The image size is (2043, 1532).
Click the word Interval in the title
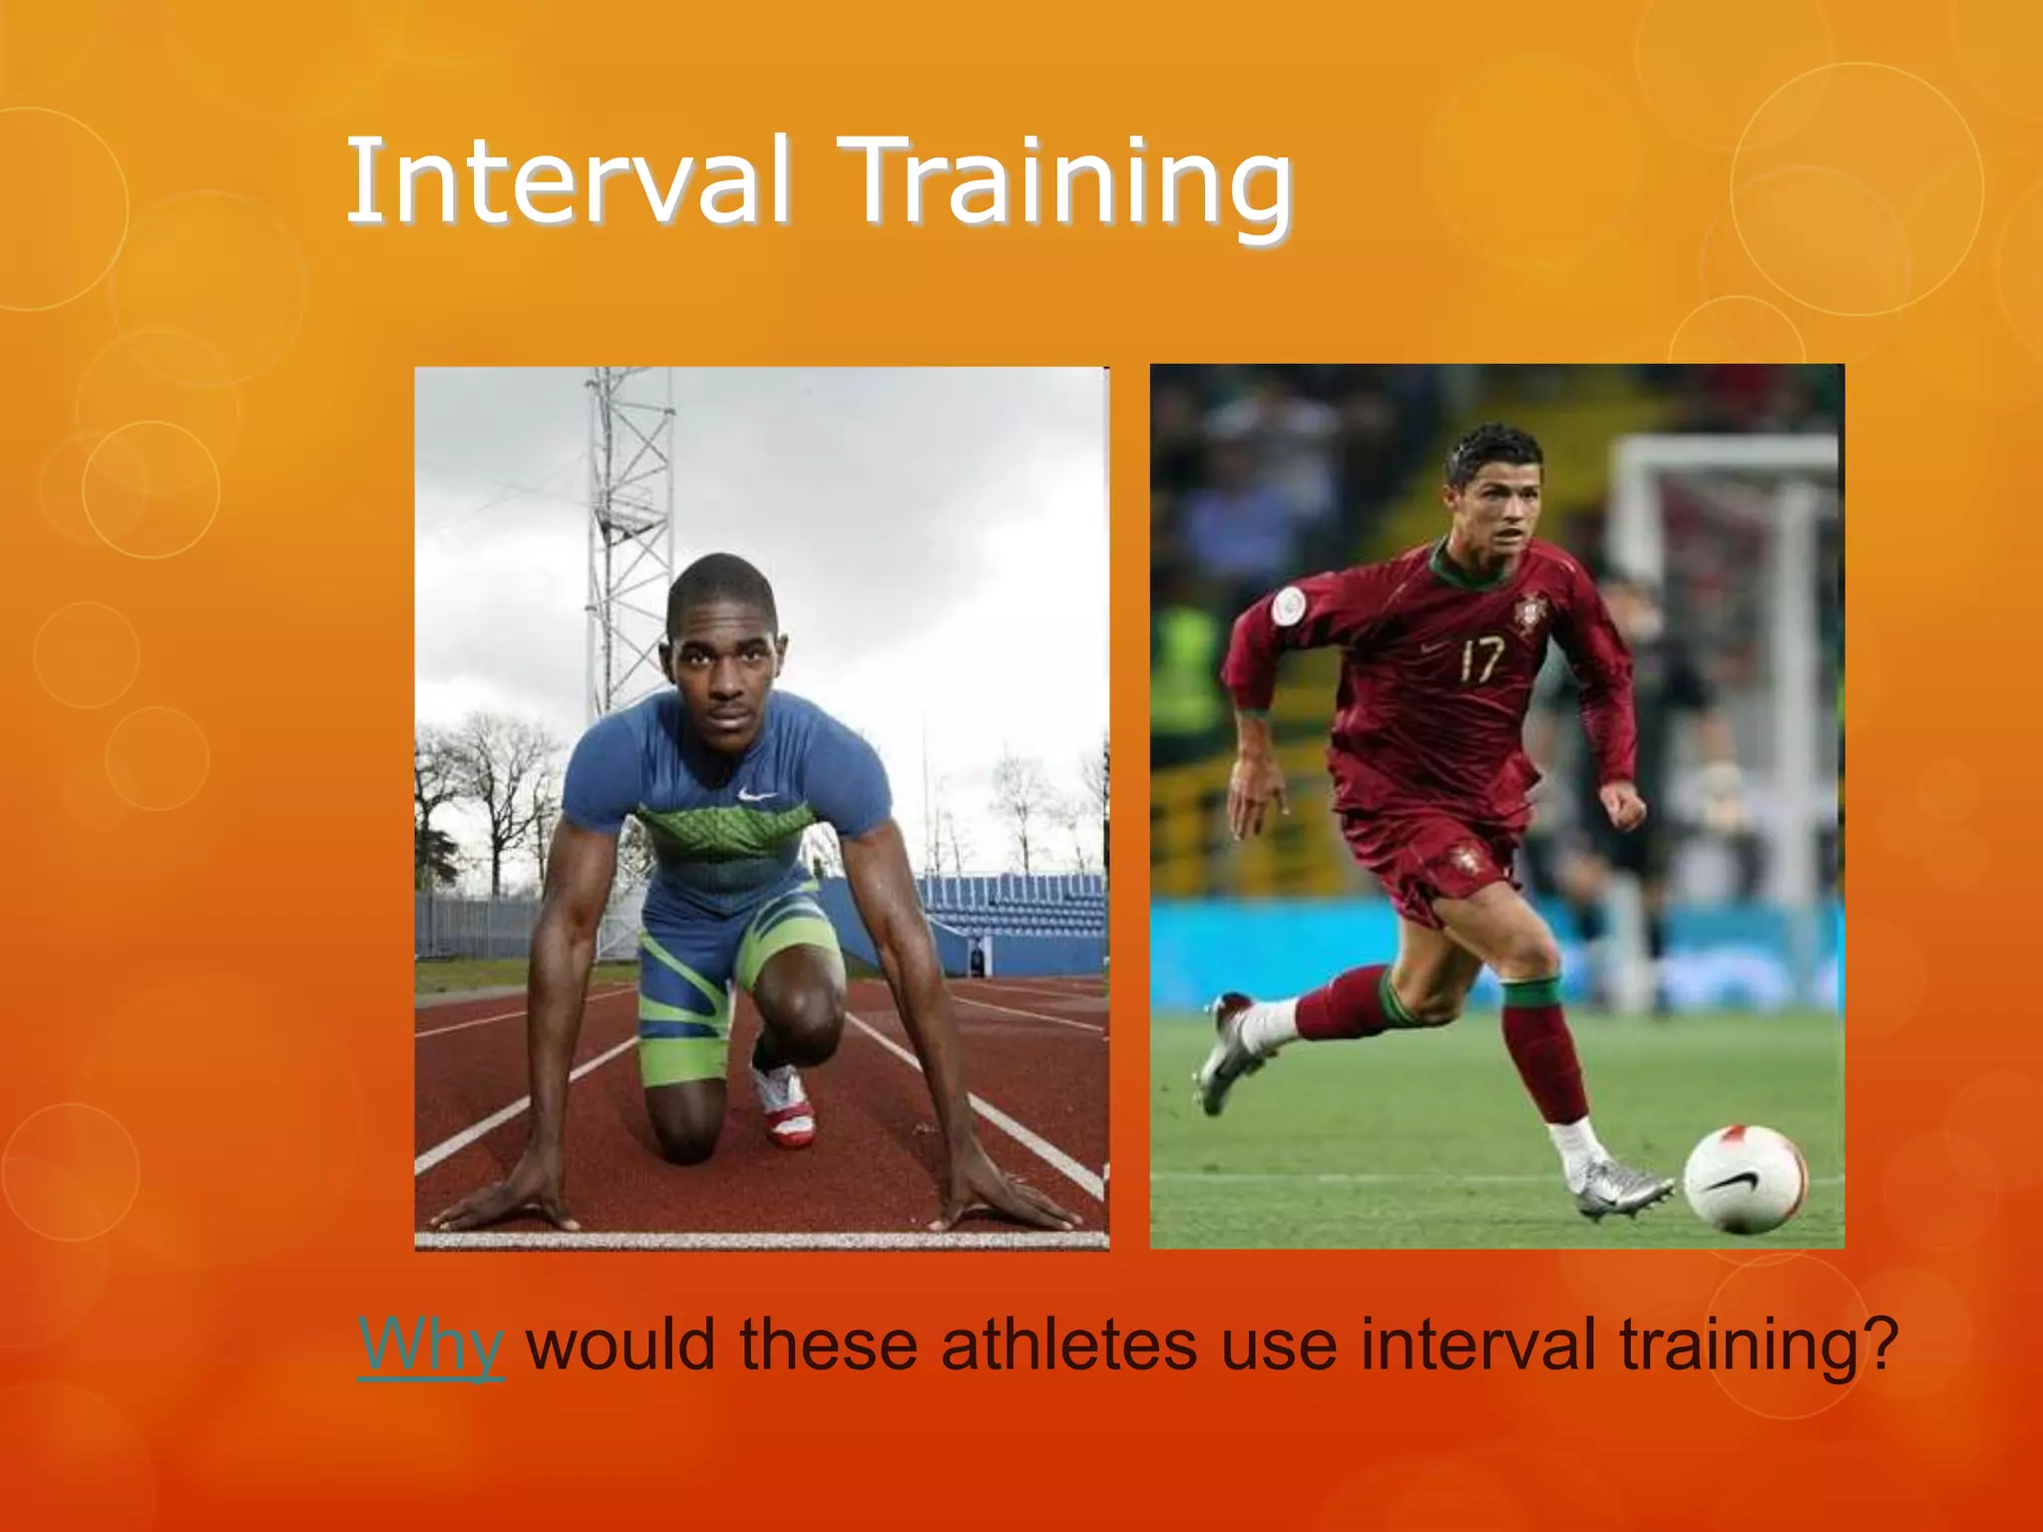coord(569,182)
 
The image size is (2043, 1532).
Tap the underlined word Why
coord(430,1344)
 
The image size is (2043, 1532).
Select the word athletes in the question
coord(1068,1344)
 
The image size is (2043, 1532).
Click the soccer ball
coord(1745,1179)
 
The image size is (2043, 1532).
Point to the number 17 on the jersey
coord(1480,660)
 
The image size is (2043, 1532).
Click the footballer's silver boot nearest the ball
coord(1616,1190)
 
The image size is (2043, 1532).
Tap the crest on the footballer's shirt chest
coord(1525,610)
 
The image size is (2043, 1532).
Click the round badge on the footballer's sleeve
coord(1289,602)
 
